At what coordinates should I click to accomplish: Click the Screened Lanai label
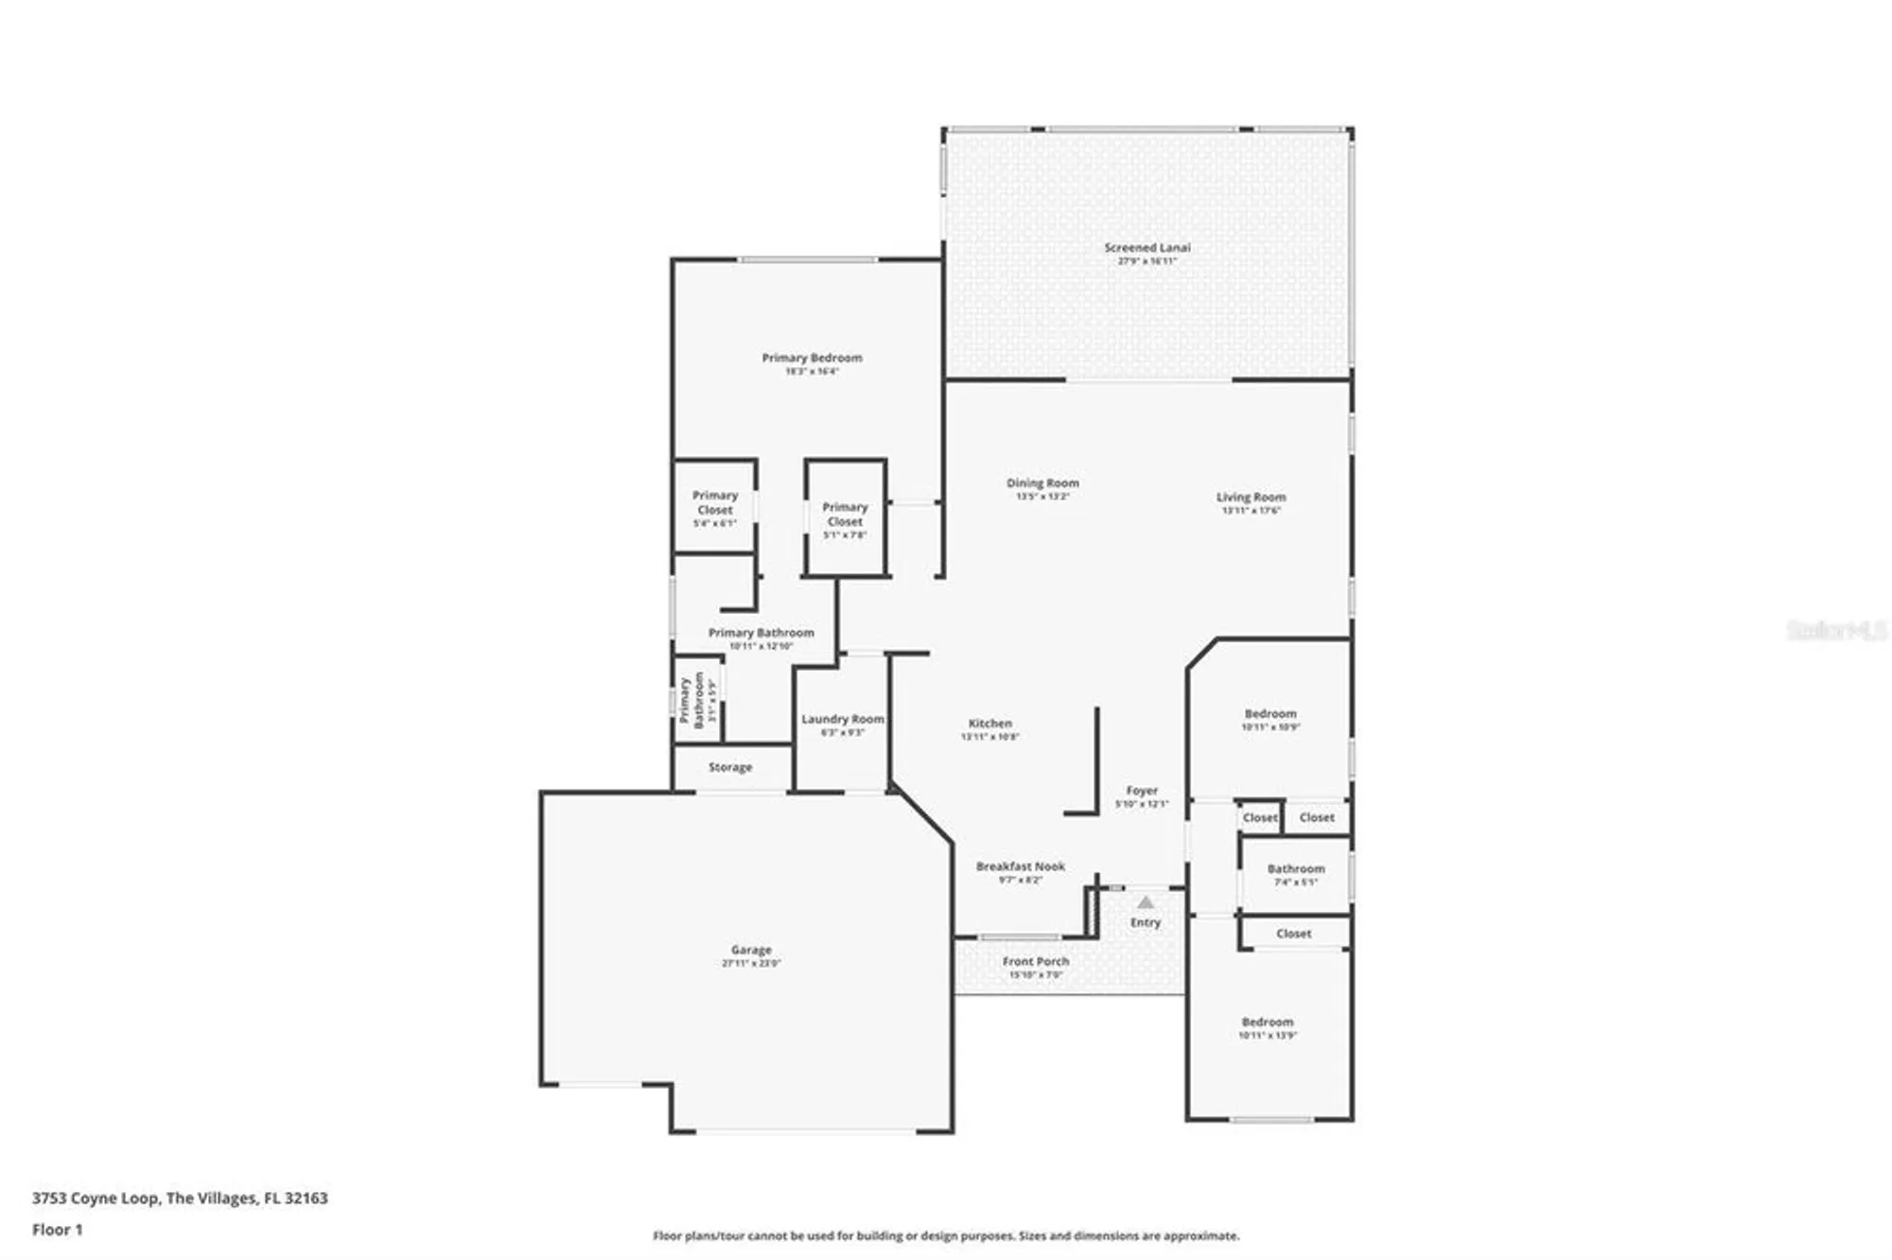pyautogui.click(x=1147, y=248)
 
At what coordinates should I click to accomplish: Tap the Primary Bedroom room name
pyautogui.click(x=812, y=359)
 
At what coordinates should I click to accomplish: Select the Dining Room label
pyautogui.click(x=1042, y=483)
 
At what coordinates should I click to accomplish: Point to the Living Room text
pyautogui.click(x=1251, y=498)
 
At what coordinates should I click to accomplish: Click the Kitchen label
pyautogui.click(x=990, y=724)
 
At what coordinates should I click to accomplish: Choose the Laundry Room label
pyautogui.click(x=842, y=720)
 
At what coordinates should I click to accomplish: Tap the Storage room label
pyautogui.click(x=730, y=767)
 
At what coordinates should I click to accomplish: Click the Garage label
pyautogui.click(x=751, y=950)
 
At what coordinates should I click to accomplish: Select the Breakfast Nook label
pyautogui.click(x=1020, y=866)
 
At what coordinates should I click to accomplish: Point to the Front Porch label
pyautogui.click(x=1036, y=962)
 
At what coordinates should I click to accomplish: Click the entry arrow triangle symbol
pyautogui.click(x=1146, y=902)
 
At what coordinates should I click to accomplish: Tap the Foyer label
pyautogui.click(x=1142, y=791)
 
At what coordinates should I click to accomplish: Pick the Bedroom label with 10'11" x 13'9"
pyautogui.click(x=1268, y=1023)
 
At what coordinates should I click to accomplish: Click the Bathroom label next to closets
pyautogui.click(x=1296, y=869)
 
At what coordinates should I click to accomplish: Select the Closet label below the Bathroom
pyautogui.click(x=1293, y=934)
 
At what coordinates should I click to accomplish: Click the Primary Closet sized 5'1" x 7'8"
pyautogui.click(x=845, y=515)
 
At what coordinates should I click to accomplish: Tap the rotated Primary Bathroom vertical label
pyautogui.click(x=692, y=700)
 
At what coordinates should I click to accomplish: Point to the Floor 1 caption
pyautogui.click(x=58, y=1230)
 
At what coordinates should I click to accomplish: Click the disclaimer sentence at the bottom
pyautogui.click(x=946, y=1235)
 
